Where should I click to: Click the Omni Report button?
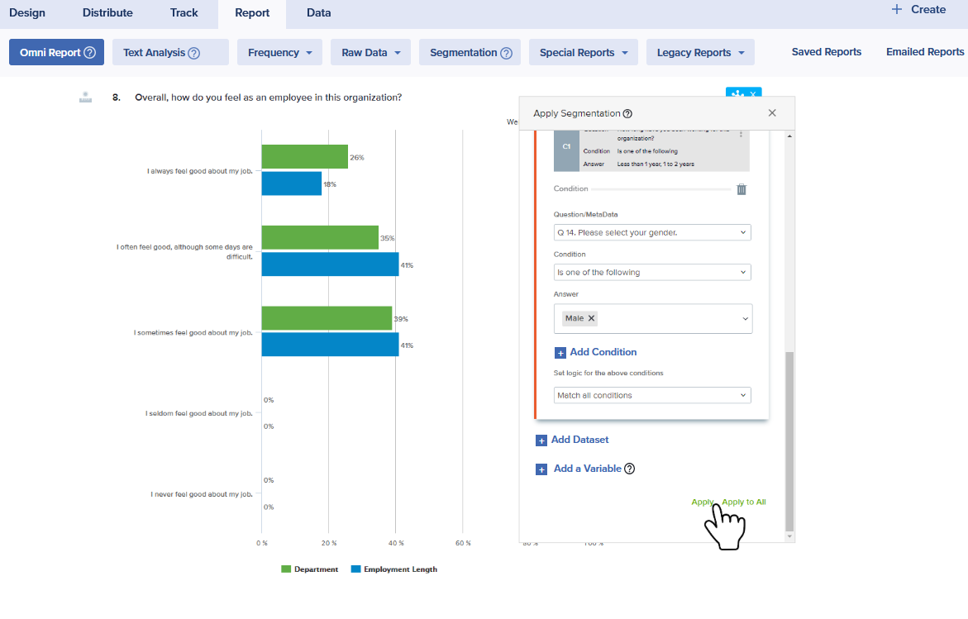tap(56, 52)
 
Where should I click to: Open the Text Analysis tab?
tap(169, 52)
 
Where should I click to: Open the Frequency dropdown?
tap(279, 52)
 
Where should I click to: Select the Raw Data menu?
tap(370, 52)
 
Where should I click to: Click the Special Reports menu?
tap(583, 52)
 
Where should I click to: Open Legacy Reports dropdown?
tap(699, 52)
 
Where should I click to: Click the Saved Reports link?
tap(826, 52)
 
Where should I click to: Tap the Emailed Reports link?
tap(925, 52)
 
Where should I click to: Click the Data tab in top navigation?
tap(318, 12)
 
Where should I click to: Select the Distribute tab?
tap(107, 12)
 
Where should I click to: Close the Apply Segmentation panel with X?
tap(772, 113)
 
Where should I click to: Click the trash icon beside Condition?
tap(741, 189)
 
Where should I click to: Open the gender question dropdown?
tap(652, 232)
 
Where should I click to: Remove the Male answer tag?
tap(592, 318)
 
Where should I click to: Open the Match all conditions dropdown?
tap(652, 395)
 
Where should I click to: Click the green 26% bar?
tap(304, 156)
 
